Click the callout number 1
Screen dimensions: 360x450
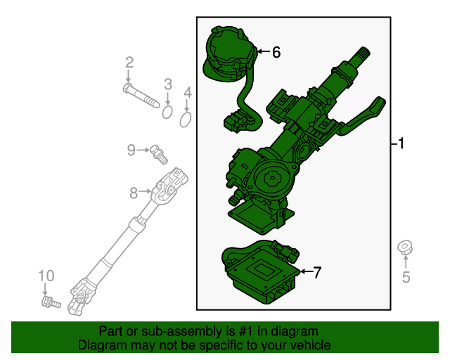(401, 145)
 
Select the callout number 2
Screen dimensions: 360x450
(129, 63)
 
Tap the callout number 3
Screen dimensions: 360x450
(168, 85)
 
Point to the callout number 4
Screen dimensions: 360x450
(187, 93)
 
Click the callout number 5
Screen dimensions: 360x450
(406, 278)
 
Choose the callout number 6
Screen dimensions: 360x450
(276, 51)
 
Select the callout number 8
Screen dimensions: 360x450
(134, 191)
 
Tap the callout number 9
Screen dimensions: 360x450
(131, 149)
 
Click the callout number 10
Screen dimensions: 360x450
(46, 275)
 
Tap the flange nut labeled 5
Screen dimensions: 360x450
(405, 247)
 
